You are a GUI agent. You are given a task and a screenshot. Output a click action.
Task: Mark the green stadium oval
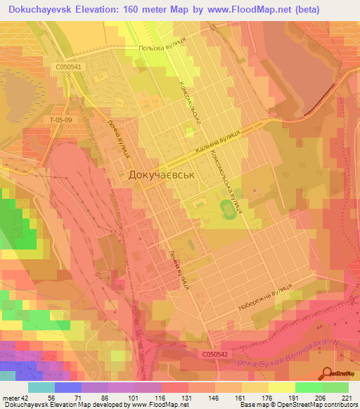click(x=227, y=208)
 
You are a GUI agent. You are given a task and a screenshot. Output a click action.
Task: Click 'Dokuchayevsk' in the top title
click(x=44, y=10)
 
